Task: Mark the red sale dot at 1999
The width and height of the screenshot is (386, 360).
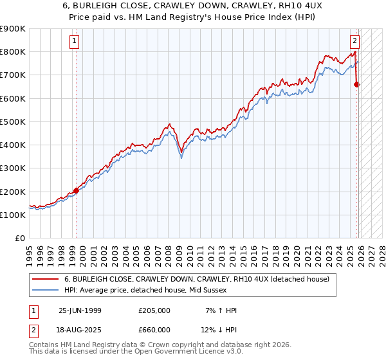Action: tap(77, 190)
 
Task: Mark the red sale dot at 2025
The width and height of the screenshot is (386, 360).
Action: tap(357, 84)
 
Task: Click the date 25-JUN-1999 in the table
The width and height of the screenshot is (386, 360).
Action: tap(80, 310)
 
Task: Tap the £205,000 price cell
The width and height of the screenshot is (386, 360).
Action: tap(154, 310)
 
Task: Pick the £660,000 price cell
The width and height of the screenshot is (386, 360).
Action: tap(154, 330)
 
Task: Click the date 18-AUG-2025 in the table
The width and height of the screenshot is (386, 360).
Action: tap(80, 330)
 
